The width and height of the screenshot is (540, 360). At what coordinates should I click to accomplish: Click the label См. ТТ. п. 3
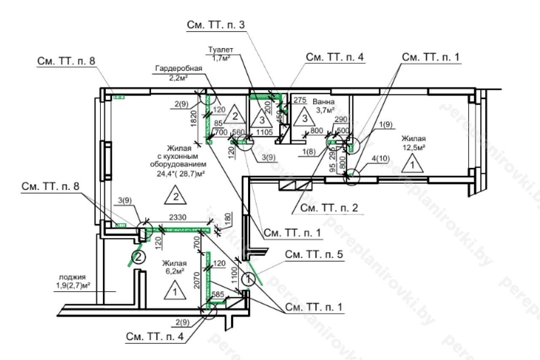(216, 25)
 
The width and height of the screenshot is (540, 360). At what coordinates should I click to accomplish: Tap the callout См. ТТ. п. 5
(314, 255)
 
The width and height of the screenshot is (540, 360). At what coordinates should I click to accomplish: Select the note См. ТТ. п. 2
(328, 208)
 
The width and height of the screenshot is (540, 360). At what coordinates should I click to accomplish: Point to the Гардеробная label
(179, 68)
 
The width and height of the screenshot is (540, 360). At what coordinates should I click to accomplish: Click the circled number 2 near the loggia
(139, 256)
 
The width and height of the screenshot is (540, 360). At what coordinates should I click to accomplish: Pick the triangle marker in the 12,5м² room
(412, 165)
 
